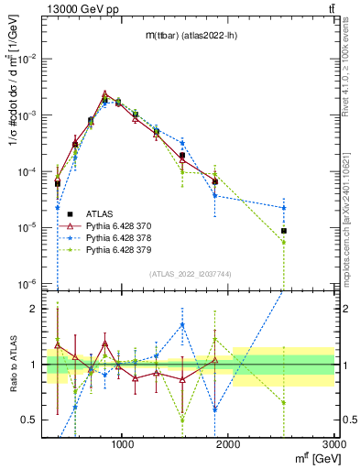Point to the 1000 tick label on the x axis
123,446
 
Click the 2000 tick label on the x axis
229,446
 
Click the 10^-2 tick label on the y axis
27,58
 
